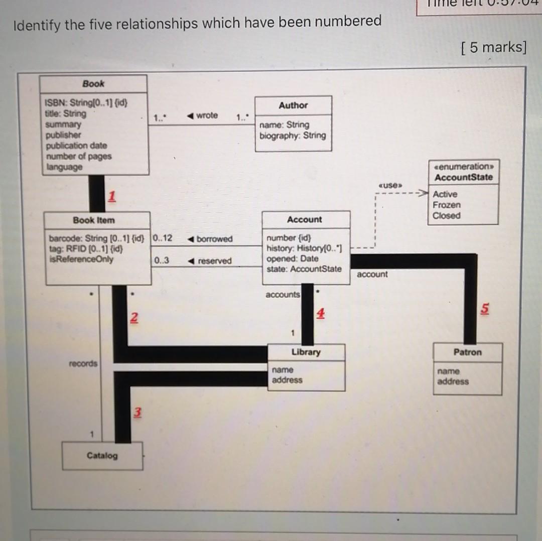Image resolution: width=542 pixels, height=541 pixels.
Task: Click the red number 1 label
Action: (112, 196)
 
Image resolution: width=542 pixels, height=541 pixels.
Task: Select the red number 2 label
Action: (133, 317)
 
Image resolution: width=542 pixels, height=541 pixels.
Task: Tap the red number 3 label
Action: (137, 413)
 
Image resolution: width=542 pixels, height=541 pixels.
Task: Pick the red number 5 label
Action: (484, 309)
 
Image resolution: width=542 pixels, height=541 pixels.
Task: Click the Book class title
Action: (93, 84)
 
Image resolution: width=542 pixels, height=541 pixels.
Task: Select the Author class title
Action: (293, 105)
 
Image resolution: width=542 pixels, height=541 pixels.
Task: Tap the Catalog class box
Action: (102, 456)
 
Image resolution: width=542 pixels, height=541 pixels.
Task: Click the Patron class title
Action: (467, 352)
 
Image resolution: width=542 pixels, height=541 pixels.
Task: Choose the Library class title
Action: (306, 352)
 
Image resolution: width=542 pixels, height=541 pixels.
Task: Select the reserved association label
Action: (214, 261)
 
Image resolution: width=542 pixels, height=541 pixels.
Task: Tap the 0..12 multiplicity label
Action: (162, 238)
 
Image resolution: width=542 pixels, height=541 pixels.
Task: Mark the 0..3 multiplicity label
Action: (162, 260)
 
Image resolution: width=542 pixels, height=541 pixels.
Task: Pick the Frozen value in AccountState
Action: (446, 205)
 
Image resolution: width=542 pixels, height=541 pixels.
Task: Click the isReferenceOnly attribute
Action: (81, 259)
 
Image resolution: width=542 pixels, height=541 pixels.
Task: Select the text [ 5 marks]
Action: (493, 47)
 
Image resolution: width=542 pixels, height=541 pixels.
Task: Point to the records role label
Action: (83, 363)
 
